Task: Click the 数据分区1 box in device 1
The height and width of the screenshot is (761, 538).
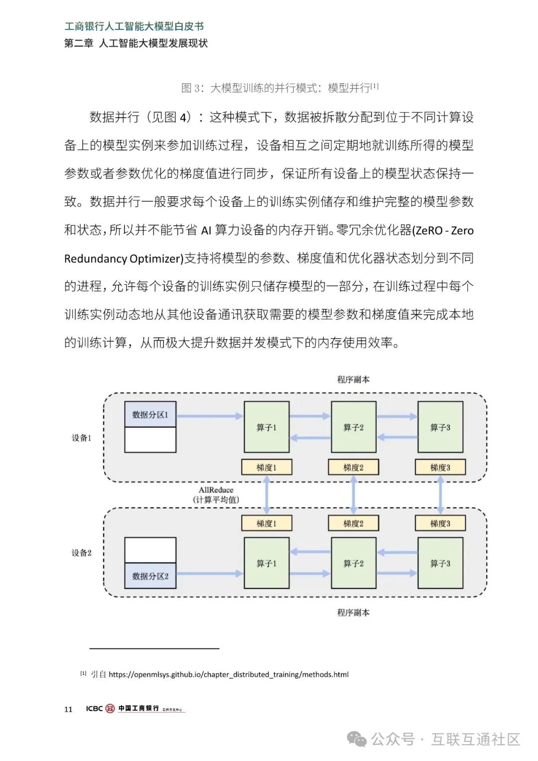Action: click(x=150, y=414)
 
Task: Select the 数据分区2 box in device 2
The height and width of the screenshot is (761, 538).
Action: click(x=150, y=576)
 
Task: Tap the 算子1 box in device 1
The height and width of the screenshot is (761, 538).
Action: click(x=267, y=427)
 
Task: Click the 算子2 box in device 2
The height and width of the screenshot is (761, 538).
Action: click(x=353, y=563)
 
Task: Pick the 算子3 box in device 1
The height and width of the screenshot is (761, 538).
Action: click(x=440, y=427)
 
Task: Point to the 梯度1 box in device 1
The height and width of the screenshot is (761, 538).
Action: click(x=267, y=467)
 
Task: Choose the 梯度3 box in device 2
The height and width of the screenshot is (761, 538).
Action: click(x=440, y=523)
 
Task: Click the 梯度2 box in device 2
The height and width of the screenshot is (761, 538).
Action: click(x=353, y=523)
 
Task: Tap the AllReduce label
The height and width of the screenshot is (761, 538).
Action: click(x=216, y=490)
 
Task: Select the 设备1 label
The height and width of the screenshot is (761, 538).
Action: click(x=82, y=438)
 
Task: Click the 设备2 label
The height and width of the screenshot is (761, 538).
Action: click(x=82, y=553)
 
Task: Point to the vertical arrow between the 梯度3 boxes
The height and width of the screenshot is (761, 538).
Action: click(x=440, y=495)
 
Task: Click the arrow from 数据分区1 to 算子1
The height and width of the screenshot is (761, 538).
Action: click(x=210, y=416)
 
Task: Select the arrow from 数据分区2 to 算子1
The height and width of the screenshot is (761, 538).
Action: click(x=210, y=574)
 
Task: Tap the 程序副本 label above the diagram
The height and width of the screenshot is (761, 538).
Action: click(x=353, y=380)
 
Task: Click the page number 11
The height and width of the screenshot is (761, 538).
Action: click(x=68, y=709)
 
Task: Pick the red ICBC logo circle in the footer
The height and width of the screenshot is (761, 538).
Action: click(x=110, y=709)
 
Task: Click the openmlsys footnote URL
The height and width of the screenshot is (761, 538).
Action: click(x=229, y=674)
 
